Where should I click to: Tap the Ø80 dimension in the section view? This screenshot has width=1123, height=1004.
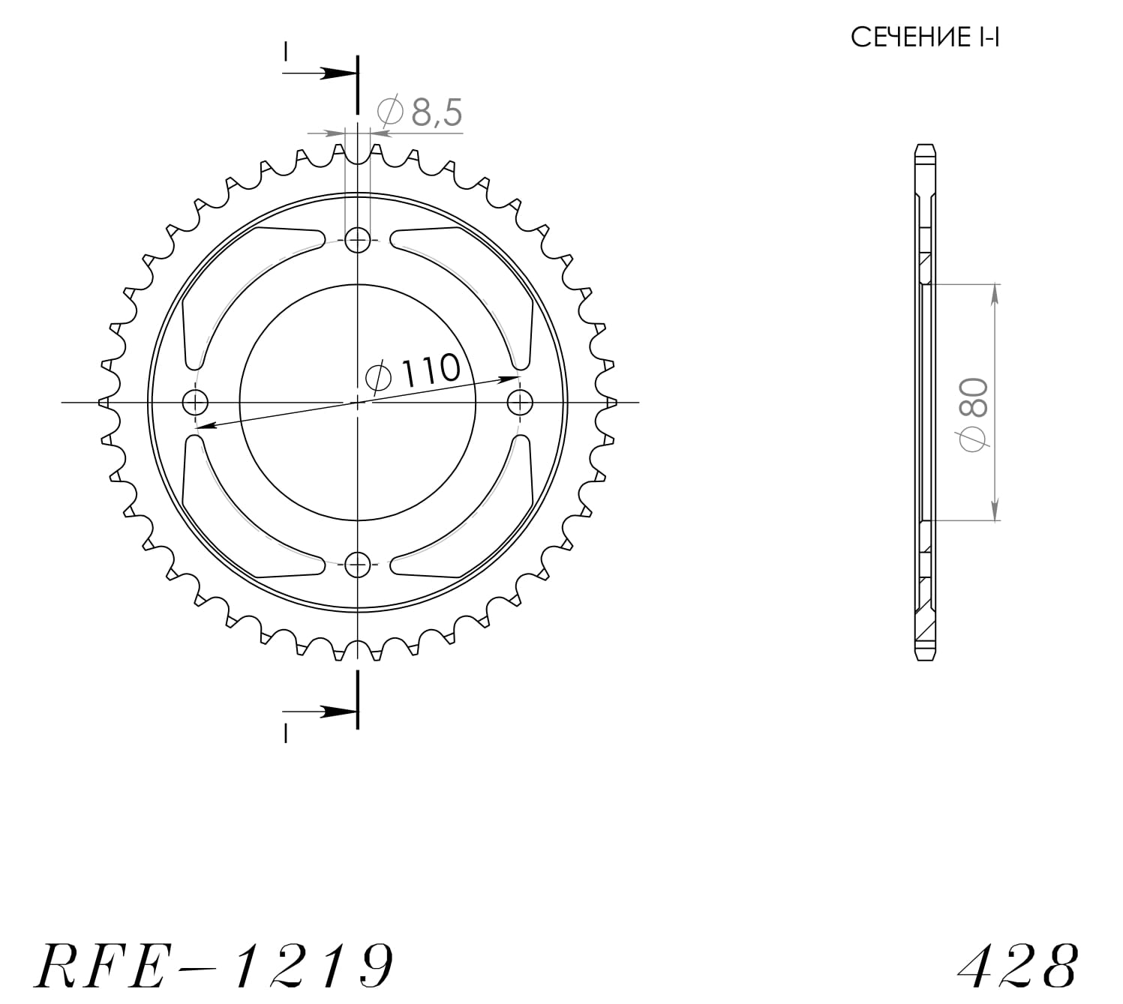click(975, 415)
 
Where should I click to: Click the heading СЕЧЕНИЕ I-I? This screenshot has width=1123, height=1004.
click(924, 37)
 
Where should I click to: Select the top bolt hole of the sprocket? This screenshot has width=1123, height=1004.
click(358, 241)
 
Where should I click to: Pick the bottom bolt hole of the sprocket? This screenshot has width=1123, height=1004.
click(358, 564)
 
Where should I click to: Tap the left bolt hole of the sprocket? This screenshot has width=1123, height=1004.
click(196, 403)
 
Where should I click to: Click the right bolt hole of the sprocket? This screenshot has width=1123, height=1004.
click(520, 403)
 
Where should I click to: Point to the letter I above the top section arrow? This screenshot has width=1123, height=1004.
click(286, 51)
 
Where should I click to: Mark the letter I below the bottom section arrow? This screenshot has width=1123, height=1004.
click(286, 734)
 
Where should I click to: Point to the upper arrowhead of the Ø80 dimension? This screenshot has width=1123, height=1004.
click(995, 294)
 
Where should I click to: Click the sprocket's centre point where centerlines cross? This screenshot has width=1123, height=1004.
click(358, 403)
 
